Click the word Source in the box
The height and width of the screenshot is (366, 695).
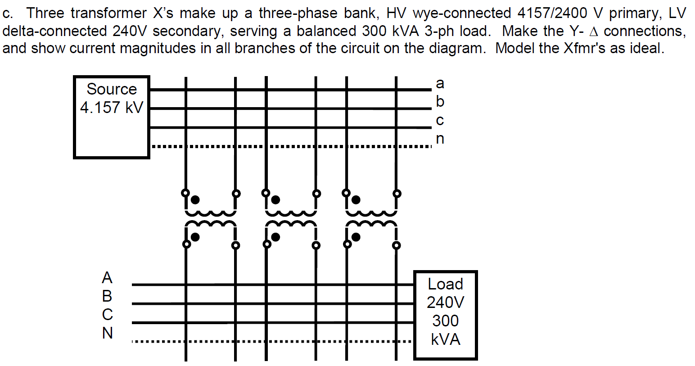(111, 89)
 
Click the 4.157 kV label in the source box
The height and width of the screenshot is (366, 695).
(111, 108)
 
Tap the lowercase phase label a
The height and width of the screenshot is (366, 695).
(440, 83)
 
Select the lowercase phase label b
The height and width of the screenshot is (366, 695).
(440, 101)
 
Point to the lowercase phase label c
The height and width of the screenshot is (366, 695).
(440, 120)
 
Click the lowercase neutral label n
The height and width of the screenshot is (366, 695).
(440, 139)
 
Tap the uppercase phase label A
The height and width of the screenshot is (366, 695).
(107, 277)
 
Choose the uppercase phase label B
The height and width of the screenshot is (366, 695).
(107, 296)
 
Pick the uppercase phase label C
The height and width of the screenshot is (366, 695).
(107, 314)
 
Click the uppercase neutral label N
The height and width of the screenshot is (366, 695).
(107, 333)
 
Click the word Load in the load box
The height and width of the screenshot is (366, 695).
(445, 284)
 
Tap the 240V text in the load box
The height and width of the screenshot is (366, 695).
(445, 302)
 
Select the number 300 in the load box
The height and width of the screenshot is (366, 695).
(445, 321)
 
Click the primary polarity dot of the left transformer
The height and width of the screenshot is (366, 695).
(195, 199)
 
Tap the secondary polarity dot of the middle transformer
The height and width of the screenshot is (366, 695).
(275, 236)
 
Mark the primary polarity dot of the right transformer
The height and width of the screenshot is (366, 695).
(356, 199)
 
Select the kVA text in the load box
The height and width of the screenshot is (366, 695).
(445, 339)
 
